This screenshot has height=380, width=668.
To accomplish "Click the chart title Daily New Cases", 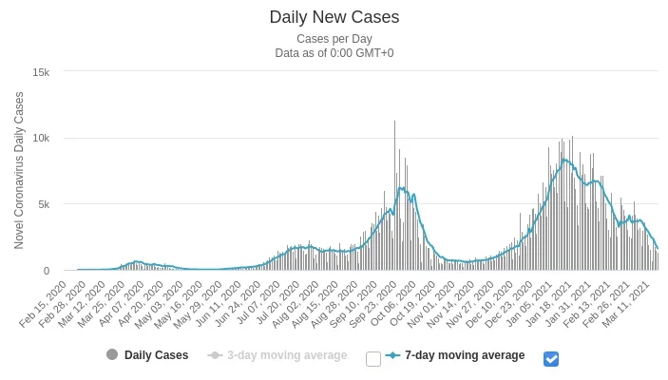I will [x=334, y=17].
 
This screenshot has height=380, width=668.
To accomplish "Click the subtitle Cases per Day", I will [x=334, y=39].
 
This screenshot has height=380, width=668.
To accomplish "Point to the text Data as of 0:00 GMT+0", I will [x=334, y=53].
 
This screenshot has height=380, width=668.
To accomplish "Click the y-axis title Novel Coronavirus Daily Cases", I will [x=19, y=171].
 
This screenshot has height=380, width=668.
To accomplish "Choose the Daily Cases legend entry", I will [x=156, y=355].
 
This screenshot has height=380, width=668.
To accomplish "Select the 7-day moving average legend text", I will [x=465, y=355].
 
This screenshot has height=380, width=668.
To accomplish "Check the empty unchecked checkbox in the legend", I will [x=373, y=359].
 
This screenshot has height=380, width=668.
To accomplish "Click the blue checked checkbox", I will [x=551, y=359].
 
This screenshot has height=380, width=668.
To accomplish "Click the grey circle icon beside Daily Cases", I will [x=112, y=355].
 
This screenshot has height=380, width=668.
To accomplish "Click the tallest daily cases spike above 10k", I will [x=395, y=123].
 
